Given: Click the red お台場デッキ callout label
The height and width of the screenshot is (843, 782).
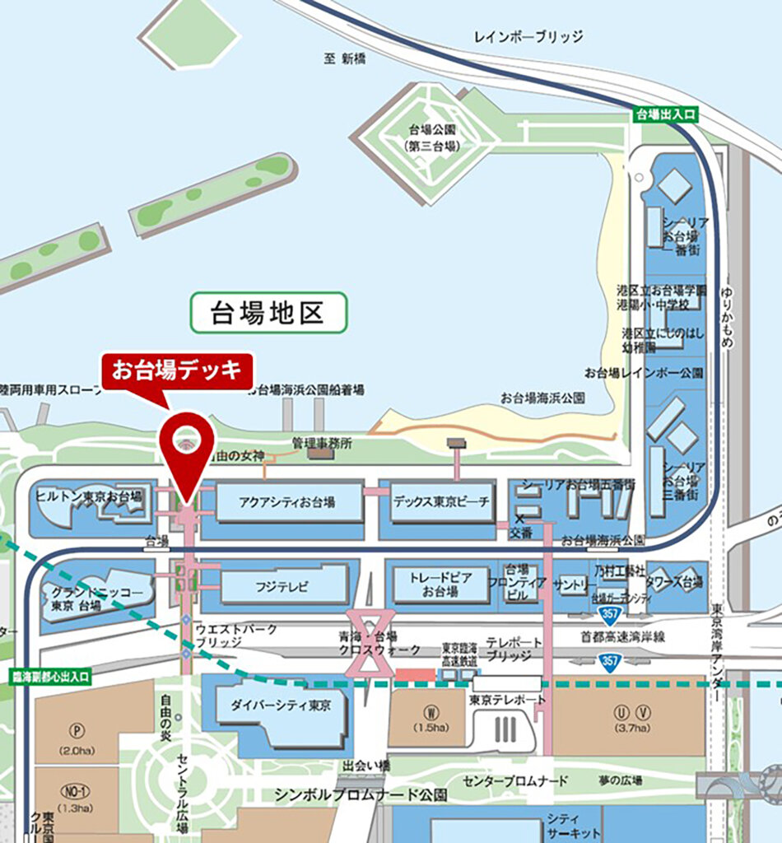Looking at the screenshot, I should [177, 370].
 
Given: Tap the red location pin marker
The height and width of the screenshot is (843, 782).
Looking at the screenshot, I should [185, 449].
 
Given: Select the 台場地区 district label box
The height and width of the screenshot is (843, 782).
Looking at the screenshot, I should [268, 314].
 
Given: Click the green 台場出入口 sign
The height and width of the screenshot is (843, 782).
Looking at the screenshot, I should [666, 115].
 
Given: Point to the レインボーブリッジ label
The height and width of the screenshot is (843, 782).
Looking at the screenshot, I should [528, 37].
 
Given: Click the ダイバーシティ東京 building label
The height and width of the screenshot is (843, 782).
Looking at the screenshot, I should [281, 706].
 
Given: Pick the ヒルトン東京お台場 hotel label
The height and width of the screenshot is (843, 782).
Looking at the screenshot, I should [89, 496].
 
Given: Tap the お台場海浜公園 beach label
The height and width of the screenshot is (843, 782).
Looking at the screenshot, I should [542, 398].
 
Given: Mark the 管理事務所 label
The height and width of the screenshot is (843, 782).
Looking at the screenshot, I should [322, 443].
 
